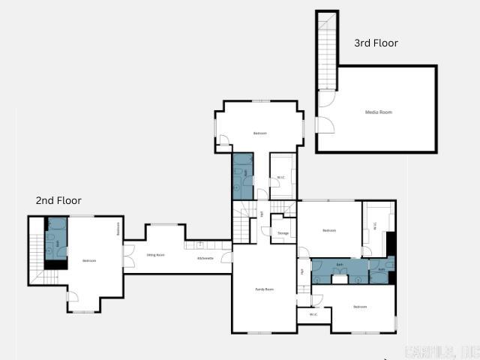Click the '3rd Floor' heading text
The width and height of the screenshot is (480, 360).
376,43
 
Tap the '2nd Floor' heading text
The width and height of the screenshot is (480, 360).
58,200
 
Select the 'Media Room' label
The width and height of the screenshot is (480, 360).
378,112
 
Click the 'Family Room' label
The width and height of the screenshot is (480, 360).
264,289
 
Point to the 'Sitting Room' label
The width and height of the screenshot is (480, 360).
155,255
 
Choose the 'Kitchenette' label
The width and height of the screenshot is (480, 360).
205,258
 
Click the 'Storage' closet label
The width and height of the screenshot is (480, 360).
283,233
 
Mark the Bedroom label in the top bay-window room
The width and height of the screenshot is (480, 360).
259,133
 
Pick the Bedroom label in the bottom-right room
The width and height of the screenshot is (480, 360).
360,306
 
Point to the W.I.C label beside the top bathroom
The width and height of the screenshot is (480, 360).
280,178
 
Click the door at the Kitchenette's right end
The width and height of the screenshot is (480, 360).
229,258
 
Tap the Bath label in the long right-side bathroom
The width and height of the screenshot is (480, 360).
340,265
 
